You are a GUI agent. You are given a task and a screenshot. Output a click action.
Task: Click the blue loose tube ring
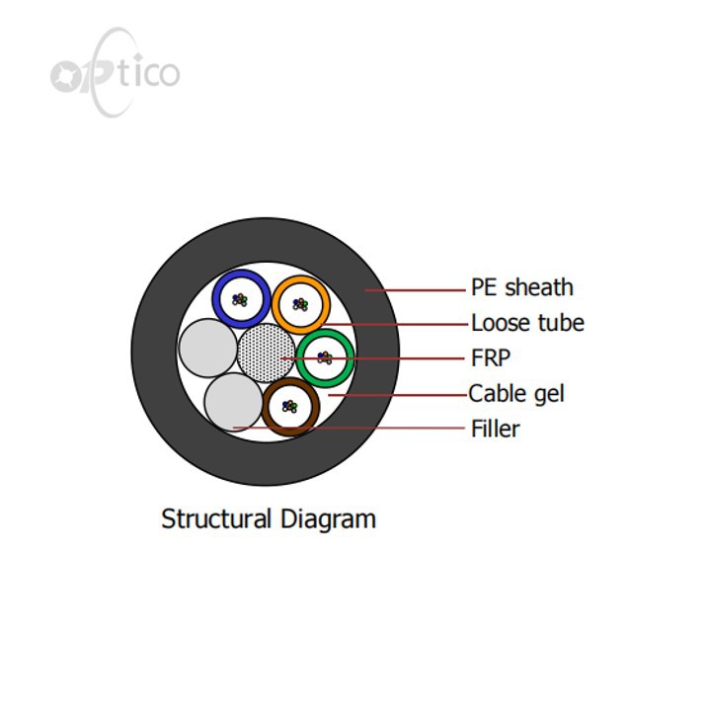point(216,299)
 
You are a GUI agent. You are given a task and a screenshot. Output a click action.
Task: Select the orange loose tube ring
point(276,305)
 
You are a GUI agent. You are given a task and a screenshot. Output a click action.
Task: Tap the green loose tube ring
point(300,358)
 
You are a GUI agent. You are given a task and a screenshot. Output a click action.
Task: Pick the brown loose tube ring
point(266,407)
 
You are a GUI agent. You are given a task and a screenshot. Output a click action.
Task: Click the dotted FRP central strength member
point(266,354)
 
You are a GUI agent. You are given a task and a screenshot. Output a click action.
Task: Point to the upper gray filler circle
point(208,348)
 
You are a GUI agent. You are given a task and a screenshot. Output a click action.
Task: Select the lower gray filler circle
point(233,402)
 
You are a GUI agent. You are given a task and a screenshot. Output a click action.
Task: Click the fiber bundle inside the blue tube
point(240,300)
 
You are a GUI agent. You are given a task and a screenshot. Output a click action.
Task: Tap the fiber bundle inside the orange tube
point(300,304)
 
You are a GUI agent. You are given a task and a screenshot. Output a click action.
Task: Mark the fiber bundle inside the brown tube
point(289,406)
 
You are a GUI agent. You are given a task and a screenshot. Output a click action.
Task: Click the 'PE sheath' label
point(522,288)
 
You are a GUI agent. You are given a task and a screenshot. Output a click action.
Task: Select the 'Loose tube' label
point(527,323)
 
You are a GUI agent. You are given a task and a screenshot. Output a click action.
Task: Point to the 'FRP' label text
point(491,357)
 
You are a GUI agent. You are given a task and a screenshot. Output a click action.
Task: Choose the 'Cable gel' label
point(516,394)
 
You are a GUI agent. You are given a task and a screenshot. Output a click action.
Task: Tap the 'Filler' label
point(496,429)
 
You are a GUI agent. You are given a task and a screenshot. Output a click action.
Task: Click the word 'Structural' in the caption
point(216,518)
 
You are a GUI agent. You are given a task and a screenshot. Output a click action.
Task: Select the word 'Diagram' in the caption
point(328,519)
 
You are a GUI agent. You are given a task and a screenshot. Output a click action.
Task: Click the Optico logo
point(116,72)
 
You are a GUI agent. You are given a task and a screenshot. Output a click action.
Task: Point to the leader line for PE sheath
point(415,290)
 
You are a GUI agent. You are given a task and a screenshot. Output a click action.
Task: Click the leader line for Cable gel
point(398,395)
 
